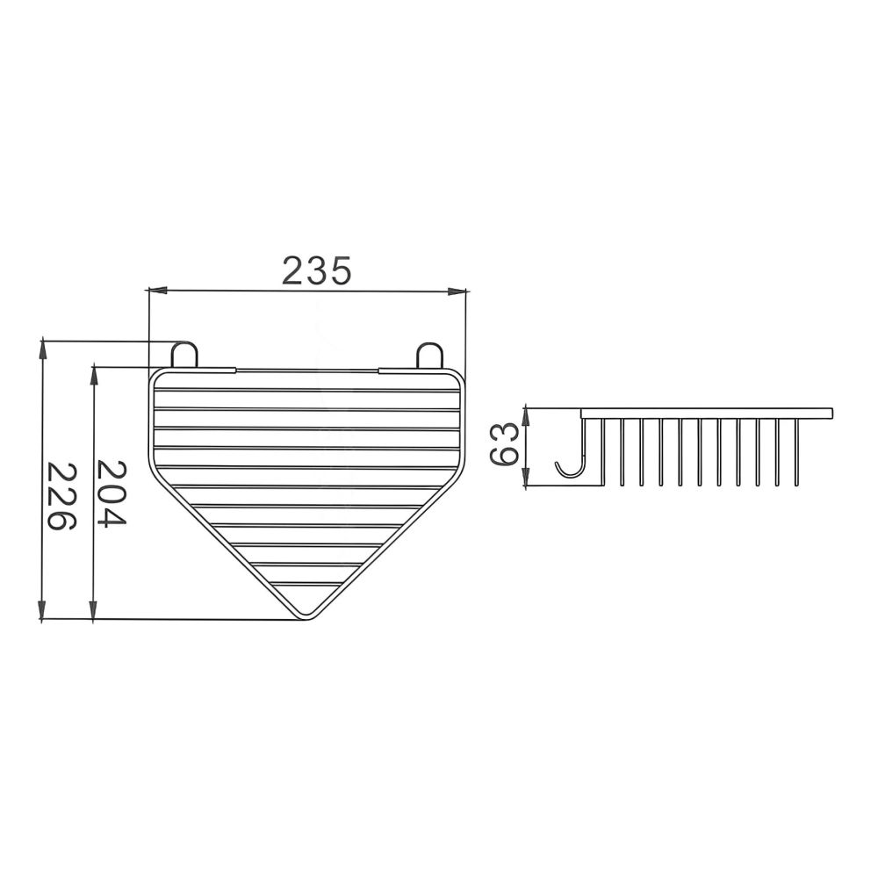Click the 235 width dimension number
click(316, 270)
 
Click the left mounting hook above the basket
click(184, 355)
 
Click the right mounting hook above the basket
click(429, 356)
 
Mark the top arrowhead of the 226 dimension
click(42, 345)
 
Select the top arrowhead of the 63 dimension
click(526, 410)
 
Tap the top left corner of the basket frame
click(155, 375)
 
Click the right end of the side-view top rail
click(831, 412)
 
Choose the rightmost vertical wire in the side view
click(796, 451)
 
